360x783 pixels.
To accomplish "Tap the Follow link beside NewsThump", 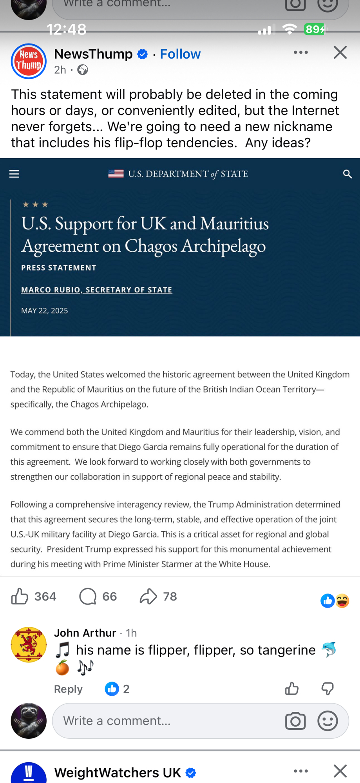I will tap(180, 54).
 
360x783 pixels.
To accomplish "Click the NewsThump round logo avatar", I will tap(29, 61).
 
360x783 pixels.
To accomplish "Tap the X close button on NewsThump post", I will tap(340, 52).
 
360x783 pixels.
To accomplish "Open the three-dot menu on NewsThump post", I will tap(300, 52).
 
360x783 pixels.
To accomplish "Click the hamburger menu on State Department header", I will tap(14, 174).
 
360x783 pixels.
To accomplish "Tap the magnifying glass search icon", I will tap(347, 174).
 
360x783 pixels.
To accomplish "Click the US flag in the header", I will tap(116, 173).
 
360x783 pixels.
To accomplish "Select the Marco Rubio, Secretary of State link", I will tap(96, 290).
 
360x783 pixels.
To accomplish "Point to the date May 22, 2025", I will tap(45, 310).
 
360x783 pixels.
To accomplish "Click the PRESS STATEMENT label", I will tap(59, 268).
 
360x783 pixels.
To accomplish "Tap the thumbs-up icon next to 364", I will tap(20, 597).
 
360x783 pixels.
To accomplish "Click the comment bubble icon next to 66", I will tap(88, 597).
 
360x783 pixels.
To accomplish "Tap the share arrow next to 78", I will tap(148, 597).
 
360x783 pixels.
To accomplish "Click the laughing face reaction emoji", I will tap(342, 601).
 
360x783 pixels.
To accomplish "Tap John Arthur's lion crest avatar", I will tap(29, 644).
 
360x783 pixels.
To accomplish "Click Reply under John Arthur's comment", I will tap(68, 689).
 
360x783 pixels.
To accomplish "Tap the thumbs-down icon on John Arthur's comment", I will tap(327, 688).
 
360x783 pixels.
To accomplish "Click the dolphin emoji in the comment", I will tap(328, 650).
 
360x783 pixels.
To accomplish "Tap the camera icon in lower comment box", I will tap(295, 721).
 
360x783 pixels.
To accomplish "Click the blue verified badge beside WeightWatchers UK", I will tap(191, 773).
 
